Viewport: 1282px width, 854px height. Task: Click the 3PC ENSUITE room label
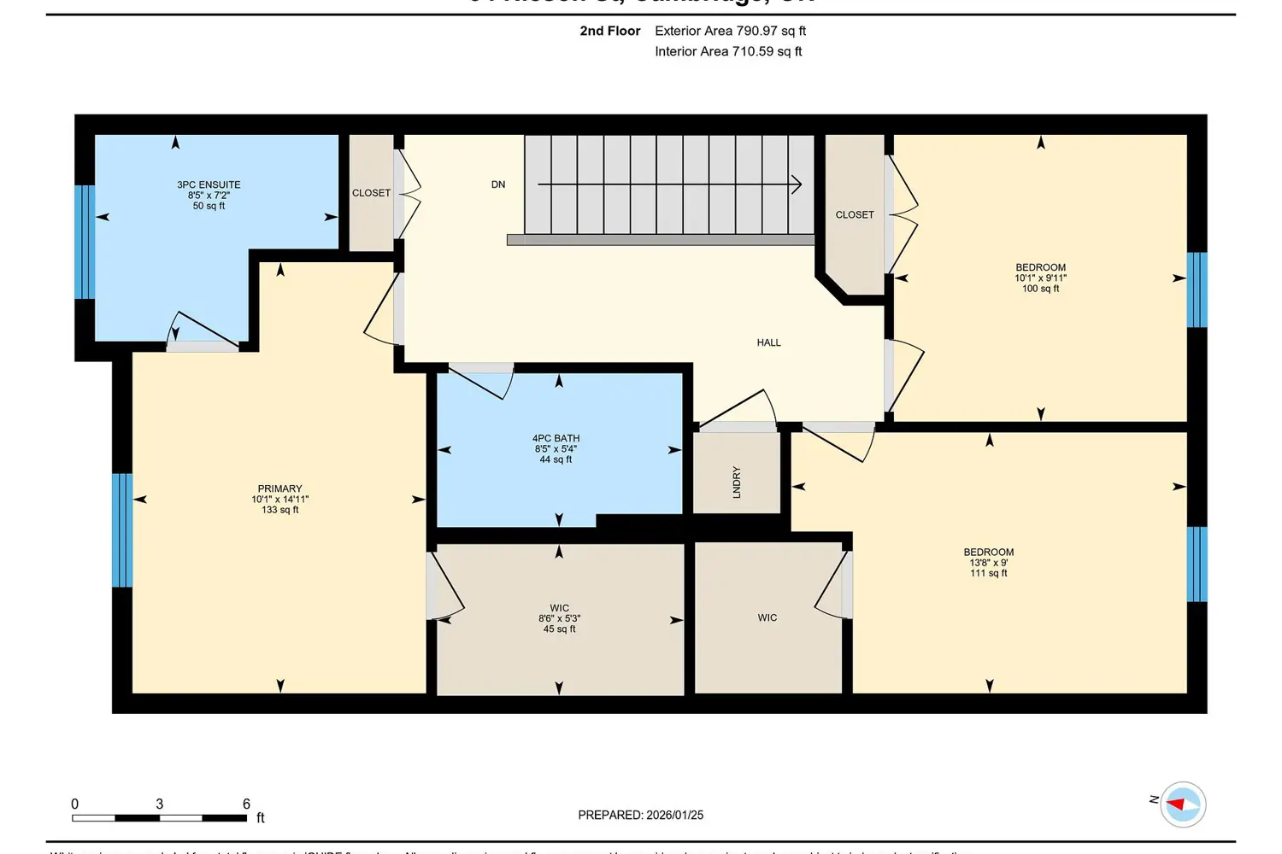tap(209, 184)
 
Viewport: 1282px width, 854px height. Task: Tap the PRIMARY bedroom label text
tap(279, 488)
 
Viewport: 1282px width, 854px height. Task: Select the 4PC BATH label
tap(556, 438)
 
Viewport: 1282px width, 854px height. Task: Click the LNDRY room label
tap(737, 482)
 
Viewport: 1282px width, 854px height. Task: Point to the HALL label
tap(768, 342)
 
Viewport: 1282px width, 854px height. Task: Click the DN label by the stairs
tap(498, 184)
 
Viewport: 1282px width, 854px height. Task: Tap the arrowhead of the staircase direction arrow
tap(797, 184)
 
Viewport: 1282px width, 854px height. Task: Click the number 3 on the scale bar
tap(160, 804)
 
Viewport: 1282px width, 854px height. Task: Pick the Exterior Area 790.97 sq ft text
tap(730, 31)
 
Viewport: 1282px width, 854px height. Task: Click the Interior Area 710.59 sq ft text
tap(728, 51)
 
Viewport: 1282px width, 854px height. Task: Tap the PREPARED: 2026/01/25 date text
tap(640, 815)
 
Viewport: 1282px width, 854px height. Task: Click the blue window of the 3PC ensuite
tap(85, 242)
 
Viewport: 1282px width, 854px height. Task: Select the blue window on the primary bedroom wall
tap(122, 530)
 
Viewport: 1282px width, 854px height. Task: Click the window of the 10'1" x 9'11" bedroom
tap(1197, 290)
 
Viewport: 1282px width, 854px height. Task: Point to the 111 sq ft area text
tap(988, 573)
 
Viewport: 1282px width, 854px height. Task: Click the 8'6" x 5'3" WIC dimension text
tap(559, 618)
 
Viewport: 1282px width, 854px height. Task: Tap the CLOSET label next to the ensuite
tap(371, 193)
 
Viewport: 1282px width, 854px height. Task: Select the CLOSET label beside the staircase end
tap(855, 214)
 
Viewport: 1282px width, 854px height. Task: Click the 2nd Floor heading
tap(609, 31)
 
